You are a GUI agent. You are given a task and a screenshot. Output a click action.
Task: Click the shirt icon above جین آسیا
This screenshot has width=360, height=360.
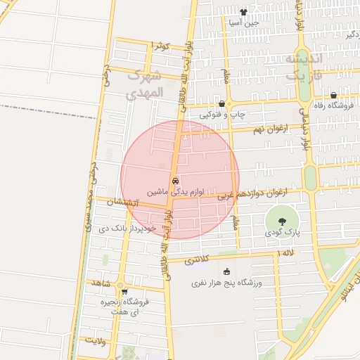pos(243,12)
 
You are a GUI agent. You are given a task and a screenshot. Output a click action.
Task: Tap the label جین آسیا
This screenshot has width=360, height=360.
pos(243,22)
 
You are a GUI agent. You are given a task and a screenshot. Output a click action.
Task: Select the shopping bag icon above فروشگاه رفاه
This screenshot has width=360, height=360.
pos(333,96)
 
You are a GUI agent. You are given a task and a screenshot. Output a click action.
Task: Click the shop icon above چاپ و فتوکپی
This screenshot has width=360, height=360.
pos(221,103)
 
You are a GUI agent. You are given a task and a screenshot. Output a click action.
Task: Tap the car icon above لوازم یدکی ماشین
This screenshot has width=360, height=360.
pos(174,180)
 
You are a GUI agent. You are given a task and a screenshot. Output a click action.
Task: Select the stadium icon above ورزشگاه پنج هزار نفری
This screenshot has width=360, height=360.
pos(226,272)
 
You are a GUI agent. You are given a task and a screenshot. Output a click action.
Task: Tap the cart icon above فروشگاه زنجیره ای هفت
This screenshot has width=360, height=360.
pos(124,292)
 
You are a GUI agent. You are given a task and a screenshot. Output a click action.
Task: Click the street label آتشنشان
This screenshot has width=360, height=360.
pos(123,202)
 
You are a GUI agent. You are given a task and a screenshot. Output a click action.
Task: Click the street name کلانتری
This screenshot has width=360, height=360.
pos(197,259)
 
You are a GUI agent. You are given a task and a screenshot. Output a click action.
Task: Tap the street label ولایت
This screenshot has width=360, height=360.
pos(95,340)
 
